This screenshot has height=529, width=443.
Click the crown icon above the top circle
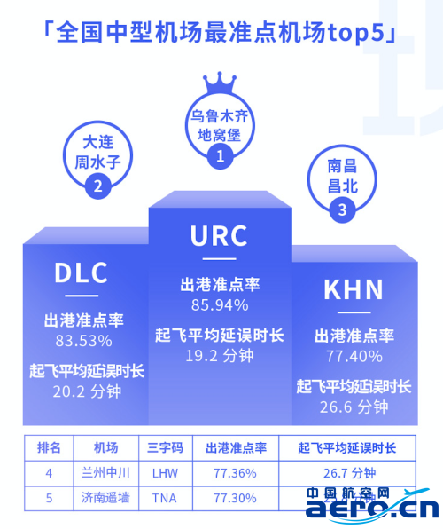(x=220, y=83)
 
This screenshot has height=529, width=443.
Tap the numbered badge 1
(x=220, y=156)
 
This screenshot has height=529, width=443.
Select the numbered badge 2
(x=98, y=186)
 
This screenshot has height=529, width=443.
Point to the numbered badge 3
(x=342, y=209)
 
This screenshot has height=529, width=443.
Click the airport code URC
(x=219, y=236)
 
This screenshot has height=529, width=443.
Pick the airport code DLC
(x=82, y=272)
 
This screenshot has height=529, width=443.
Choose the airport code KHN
(x=354, y=289)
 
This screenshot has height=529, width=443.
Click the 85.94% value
(x=220, y=305)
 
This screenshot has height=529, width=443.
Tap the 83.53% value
(x=83, y=341)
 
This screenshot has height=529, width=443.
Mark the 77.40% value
(x=354, y=356)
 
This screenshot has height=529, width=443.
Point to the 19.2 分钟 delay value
(x=220, y=356)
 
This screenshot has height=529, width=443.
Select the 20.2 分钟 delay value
(x=87, y=391)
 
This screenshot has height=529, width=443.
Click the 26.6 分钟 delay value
(x=354, y=407)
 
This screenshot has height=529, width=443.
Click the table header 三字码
(x=165, y=448)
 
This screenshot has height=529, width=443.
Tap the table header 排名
(x=49, y=448)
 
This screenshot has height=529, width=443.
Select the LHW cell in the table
(x=165, y=473)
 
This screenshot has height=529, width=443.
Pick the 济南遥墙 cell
(x=105, y=498)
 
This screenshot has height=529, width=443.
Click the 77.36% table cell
(x=235, y=473)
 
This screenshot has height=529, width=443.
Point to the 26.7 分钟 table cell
(x=349, y=473)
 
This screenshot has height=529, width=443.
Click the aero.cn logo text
(x=372, y=509)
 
